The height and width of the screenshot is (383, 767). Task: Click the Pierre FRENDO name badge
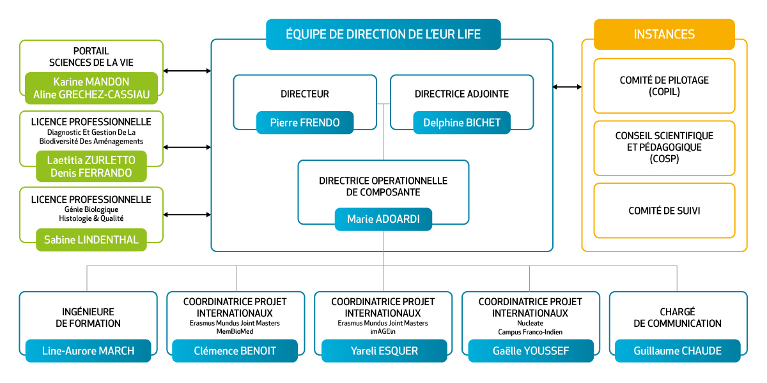click(304, 123)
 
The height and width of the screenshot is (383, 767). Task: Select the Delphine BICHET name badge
click(461, 123)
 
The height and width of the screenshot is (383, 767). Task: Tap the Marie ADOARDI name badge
click(383, 219)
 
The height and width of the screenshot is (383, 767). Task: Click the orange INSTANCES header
click(664, 34)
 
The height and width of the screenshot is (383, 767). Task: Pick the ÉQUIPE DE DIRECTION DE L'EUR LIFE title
click(383, 34)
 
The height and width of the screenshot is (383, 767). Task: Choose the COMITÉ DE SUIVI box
click(664, 211)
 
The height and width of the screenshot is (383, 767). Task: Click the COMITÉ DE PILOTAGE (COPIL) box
click(664, 86)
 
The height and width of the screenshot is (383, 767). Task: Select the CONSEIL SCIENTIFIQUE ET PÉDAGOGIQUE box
click(664, 147)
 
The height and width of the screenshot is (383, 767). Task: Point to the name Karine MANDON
click(91, 82)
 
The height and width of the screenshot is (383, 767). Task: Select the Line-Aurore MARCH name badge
click(88, 350)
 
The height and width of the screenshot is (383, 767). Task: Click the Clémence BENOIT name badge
click(235, 350)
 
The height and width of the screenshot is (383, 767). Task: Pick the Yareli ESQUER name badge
click(384, 350)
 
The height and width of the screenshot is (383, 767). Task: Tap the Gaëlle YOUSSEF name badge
click(531, 350)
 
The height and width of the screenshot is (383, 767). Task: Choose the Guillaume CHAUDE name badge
click(678, 350)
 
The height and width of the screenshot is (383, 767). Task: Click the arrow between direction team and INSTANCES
click(568, 87)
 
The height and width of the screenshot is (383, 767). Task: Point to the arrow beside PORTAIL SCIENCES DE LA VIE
click(187, 71)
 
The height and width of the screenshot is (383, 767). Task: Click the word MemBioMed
click(235, 332)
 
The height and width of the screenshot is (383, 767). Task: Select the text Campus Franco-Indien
click(531, 332)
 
